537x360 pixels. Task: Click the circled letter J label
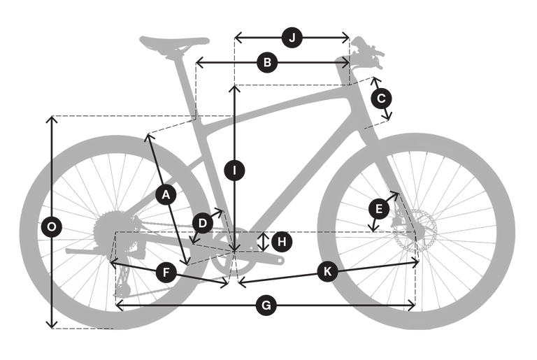pyautogui.click(x=292, y=38)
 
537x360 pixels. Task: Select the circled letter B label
pyautogui.click(x=267, y=63)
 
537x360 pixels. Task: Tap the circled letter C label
pyautogui.click(x=381, y=99)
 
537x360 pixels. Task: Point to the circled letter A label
pyautogui.click(x=166, y=195)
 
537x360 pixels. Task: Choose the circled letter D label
pyautogui.click(x=203, y=223)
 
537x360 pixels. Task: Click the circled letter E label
pyautogui.click(x=379, y=208)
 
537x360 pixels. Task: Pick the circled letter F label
pyautogui.click(x=166, y=273)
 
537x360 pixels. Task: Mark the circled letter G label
pyautogui.click(x=266, y=305)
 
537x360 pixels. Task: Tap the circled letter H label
pyautogui.click(x=282, y=242)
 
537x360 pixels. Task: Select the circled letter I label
pyautogui.click(x=235, y=171)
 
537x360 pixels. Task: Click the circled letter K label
pyautogui.click(x=327, y=272)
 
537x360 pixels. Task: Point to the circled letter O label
pyautogui.click(x=52, y=226)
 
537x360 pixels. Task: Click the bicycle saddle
pyautogui.click(x=174, y=43)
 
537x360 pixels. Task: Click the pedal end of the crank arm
pyautogui.click(x=280, y=261)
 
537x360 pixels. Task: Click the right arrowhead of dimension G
pyautogui.click(x=412, y=305)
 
